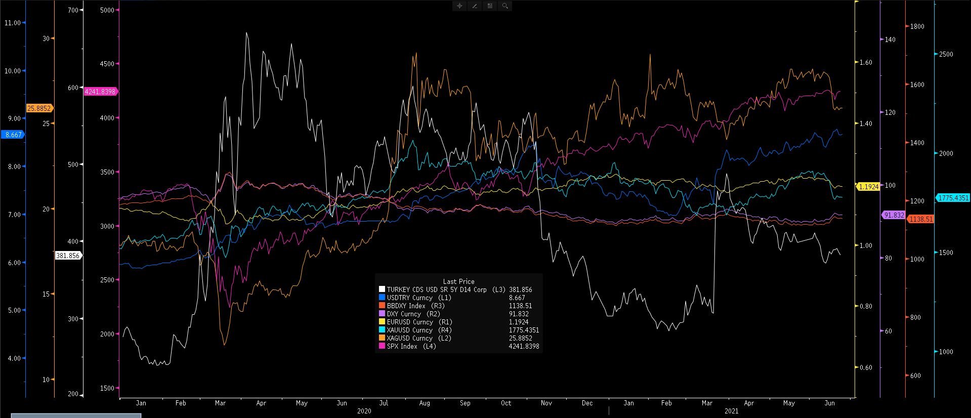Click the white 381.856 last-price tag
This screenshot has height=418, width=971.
click(68, 256)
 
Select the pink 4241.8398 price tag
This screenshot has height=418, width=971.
click(101, 92)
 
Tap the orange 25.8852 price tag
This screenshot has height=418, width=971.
click(39, 108)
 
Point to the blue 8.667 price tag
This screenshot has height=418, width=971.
click(13, 135)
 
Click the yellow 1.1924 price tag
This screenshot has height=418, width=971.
click(868, 187)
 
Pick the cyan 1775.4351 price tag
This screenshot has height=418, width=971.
click(953, 198)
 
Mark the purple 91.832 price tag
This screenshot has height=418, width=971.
click(894, 215)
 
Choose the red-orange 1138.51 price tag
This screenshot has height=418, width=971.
click(920, 219)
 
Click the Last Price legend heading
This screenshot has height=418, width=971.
click(458, 281)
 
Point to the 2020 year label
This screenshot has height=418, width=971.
click(364, 411)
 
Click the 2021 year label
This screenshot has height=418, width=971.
click(731, 411)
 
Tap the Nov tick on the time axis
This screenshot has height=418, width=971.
click(546, 403)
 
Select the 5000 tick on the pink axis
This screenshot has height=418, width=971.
click(107, 10)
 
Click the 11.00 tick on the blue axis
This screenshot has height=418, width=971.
click(13, 23)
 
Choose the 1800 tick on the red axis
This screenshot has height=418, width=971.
click(917, 26)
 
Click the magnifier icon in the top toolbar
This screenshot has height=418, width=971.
click(504, 6)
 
